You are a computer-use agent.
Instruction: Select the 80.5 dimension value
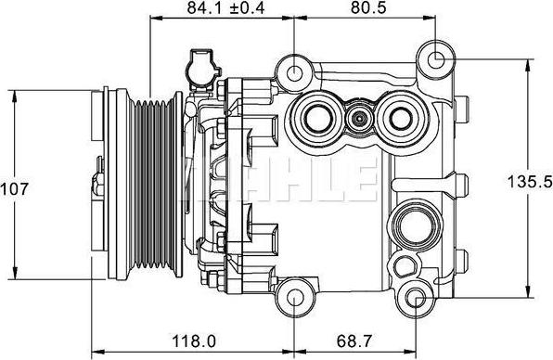tap(361, 9)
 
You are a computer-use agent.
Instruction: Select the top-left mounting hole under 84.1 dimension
tap(295, 71)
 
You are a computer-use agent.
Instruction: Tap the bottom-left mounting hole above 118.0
tap(294, 298)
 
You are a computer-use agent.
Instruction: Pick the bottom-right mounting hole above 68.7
tap(417, 298)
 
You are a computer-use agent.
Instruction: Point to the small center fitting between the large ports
tap(358, 118)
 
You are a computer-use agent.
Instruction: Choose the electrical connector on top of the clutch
tap(201, 67)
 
